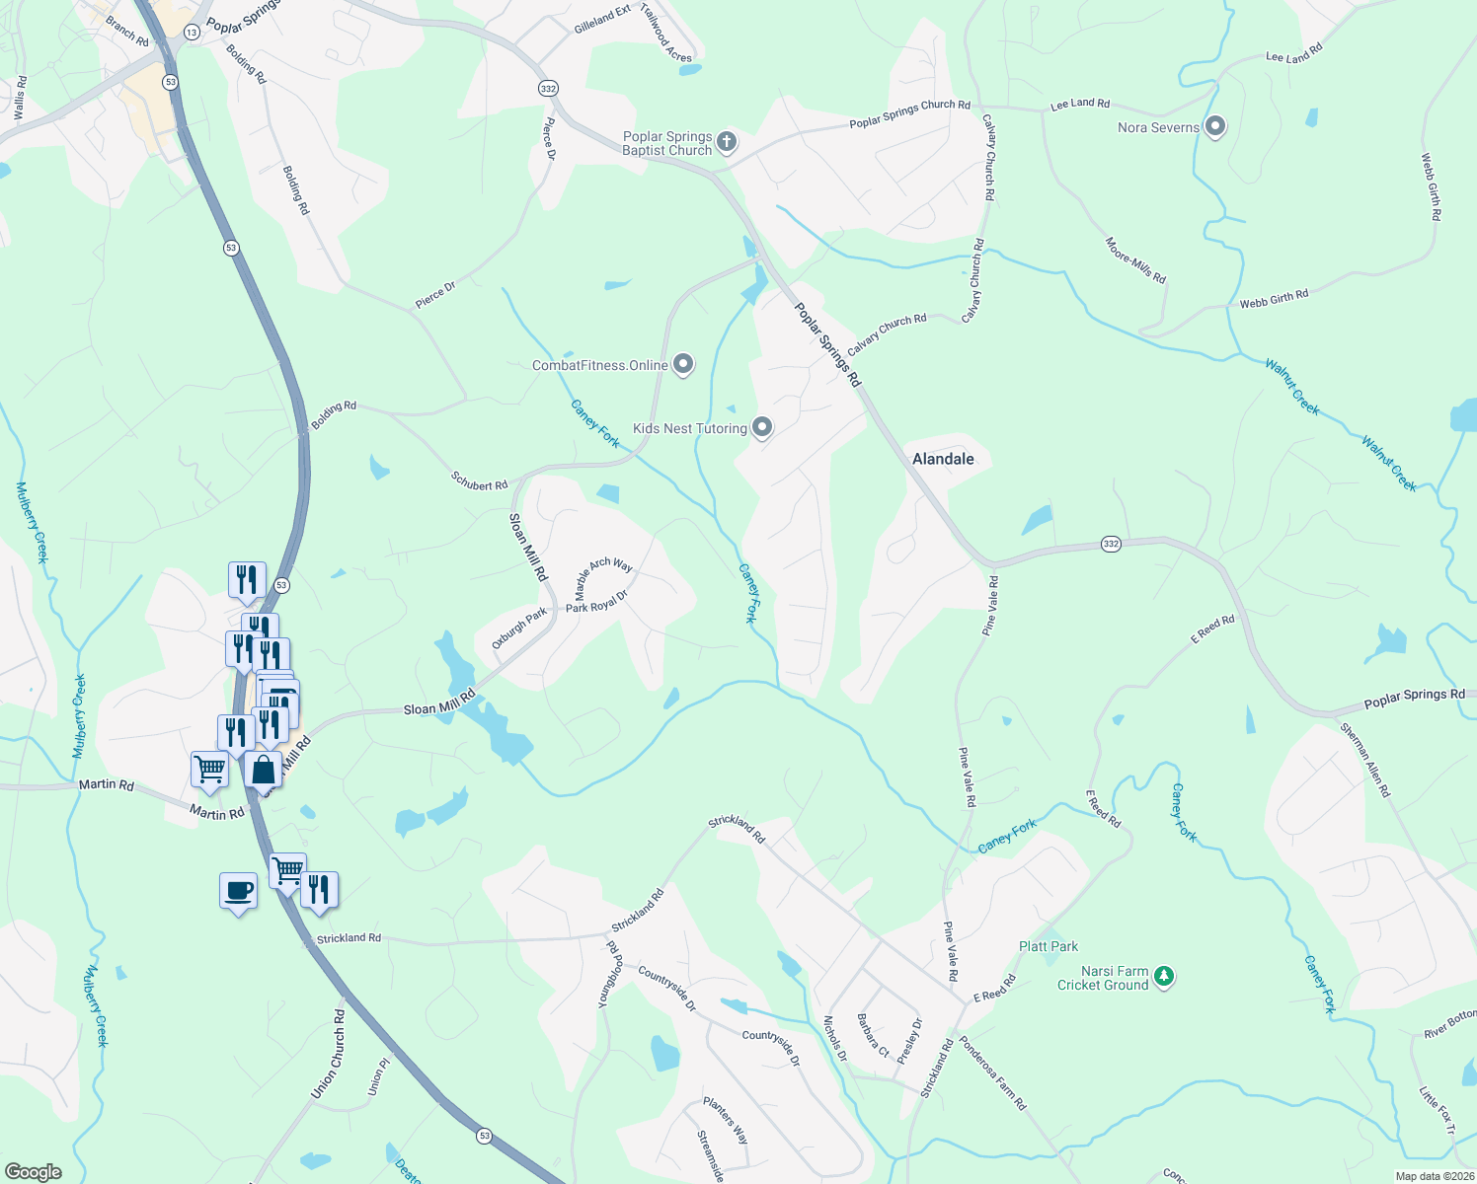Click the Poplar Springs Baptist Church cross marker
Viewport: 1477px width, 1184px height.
click(726, 142)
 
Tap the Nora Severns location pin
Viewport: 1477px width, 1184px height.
click(1215, 126)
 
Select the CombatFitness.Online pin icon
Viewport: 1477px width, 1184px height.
click(682, 364)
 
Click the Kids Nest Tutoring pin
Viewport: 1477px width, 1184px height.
click(761, 427)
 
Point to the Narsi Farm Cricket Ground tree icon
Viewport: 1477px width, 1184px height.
click(1165, 976)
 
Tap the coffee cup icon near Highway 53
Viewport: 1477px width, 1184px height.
click(238, 891)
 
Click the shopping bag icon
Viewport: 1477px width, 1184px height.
click(263, 770)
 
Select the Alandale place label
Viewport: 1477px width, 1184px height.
click(942, 459)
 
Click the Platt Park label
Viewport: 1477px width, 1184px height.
click(1048, 946)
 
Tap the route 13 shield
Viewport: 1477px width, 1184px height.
click(192, 32)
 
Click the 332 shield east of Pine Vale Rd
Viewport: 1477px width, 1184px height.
click(1111, 545)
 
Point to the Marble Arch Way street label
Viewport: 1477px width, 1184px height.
click(603, 577)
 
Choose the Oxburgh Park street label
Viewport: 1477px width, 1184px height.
click(519, 629)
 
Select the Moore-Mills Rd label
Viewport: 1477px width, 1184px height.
click(1135, 260)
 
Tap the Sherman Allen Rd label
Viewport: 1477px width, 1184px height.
click(1364, 760)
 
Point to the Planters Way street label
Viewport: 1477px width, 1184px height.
click(726, 1120)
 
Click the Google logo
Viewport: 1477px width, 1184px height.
click(34, 1171)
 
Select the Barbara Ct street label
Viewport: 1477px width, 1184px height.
click(873, 1035)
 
